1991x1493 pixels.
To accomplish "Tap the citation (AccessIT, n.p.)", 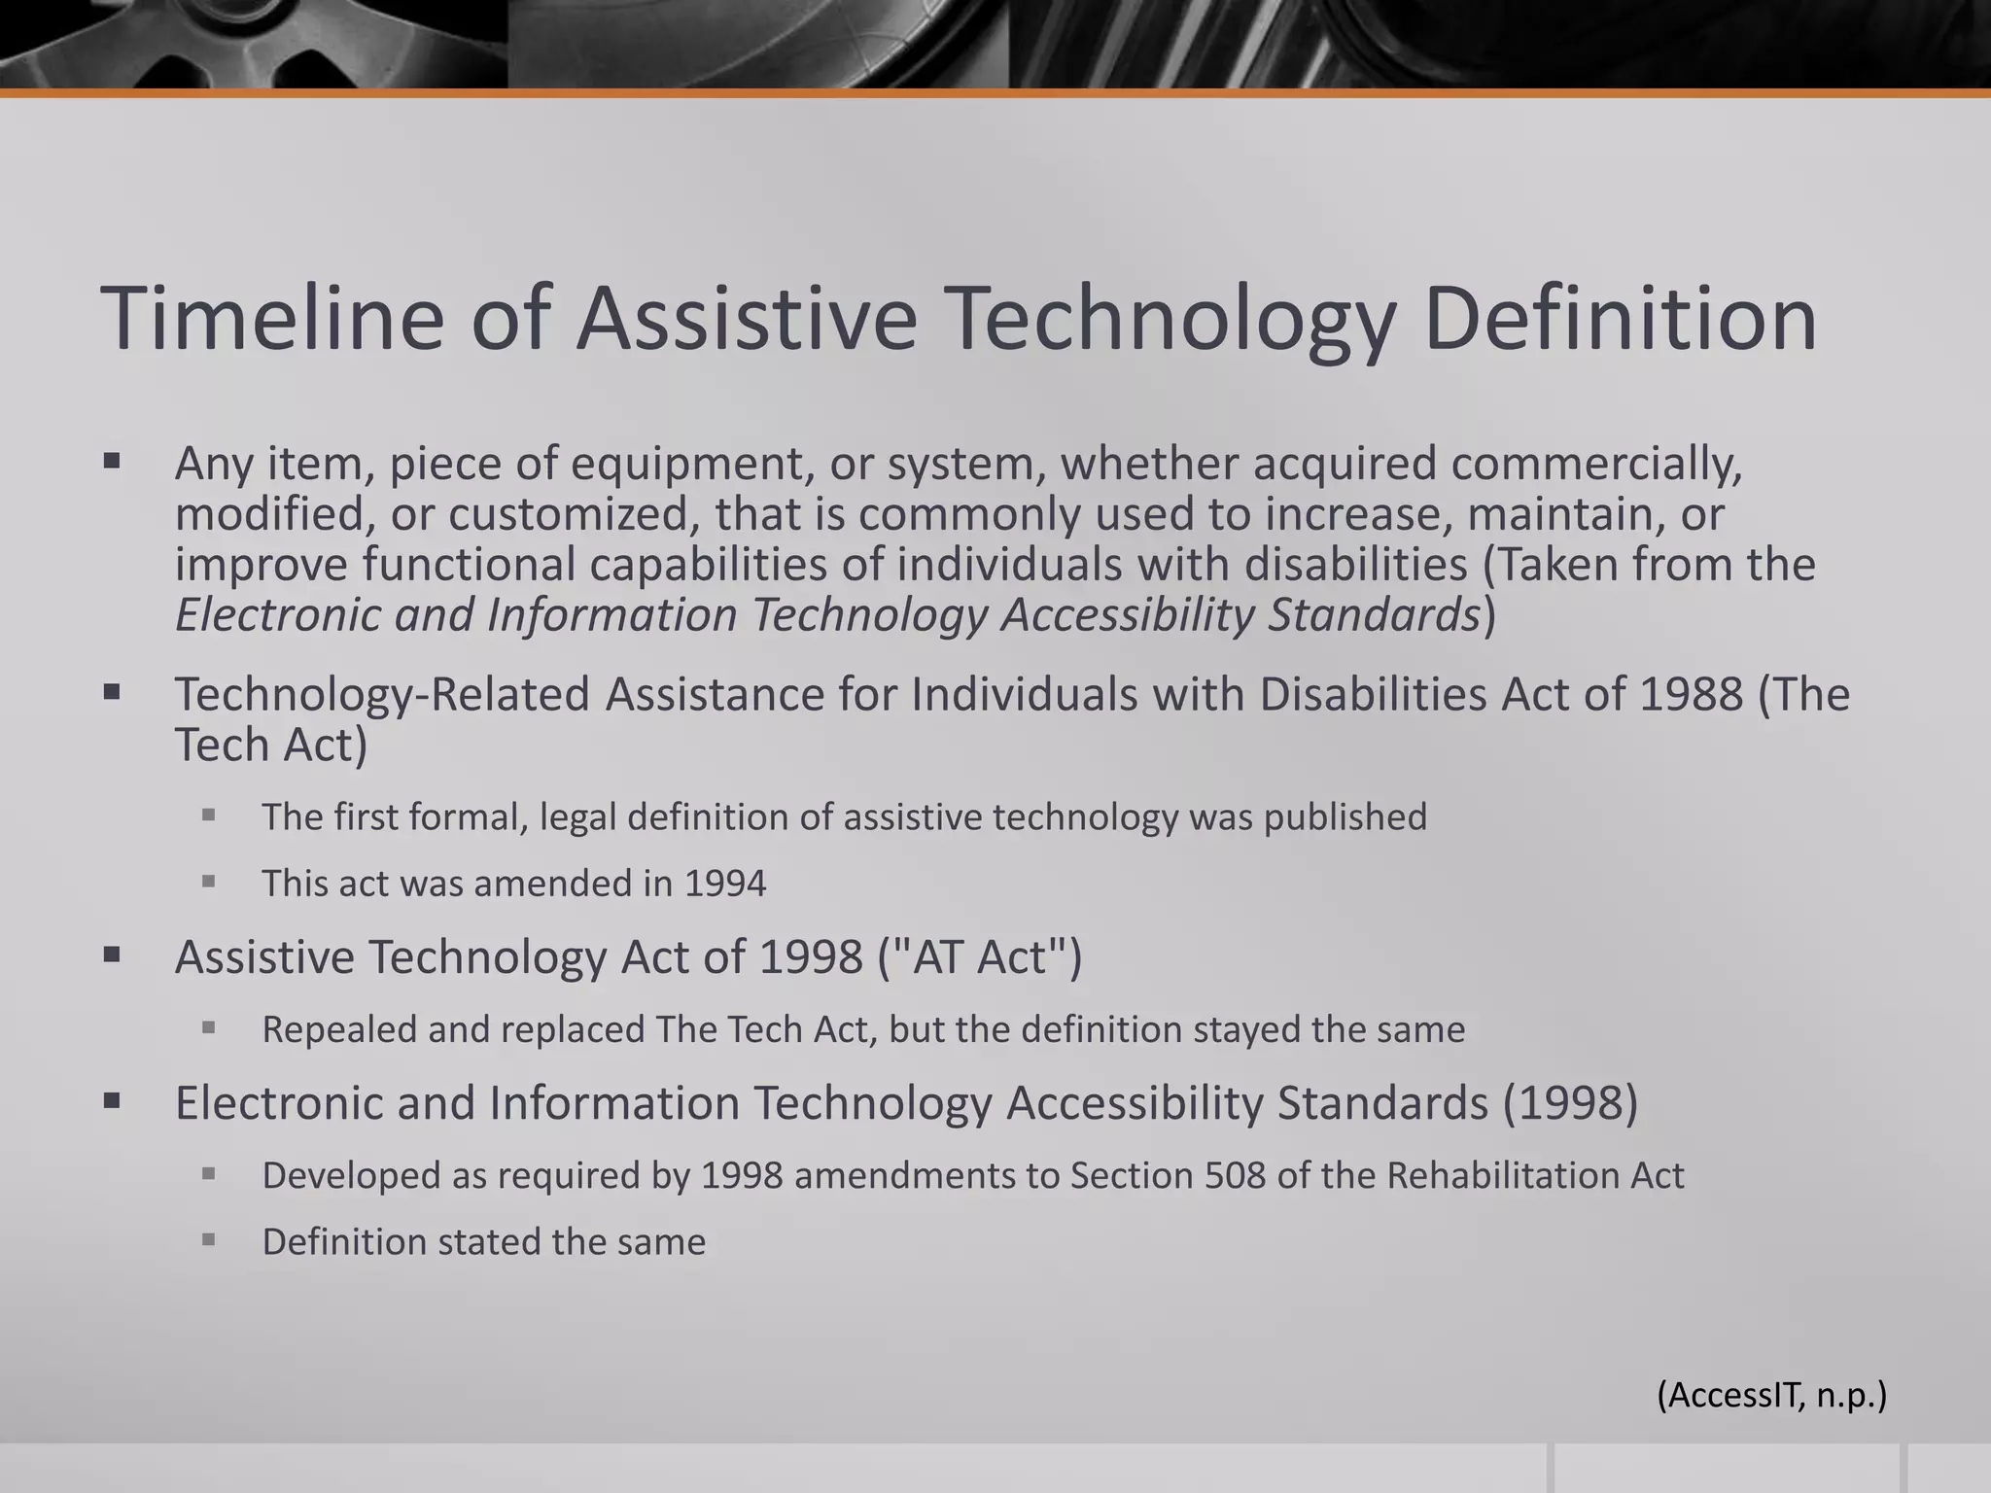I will [1771, 1395].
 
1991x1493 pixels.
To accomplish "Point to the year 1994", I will [724, 884].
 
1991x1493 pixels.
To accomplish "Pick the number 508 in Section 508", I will [1235, 1176].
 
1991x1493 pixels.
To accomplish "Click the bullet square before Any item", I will [112, 461].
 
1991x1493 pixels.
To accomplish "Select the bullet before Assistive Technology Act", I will [112, 955].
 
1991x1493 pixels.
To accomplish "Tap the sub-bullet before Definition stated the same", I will [208, 1239].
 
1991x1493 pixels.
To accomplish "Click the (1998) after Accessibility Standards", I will [1570, 1103].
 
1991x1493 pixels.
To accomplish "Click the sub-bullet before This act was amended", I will [208, 882].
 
